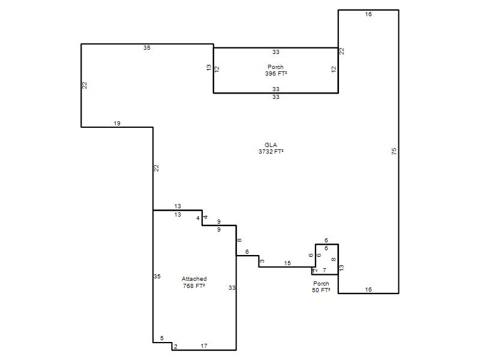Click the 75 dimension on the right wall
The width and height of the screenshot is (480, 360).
pos(394,151)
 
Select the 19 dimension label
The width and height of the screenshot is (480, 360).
pos(117,124)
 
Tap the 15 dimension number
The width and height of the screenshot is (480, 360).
pos(287,263)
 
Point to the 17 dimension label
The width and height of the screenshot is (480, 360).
pos(204,346)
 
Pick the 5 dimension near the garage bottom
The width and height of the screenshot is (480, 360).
pos(162,338)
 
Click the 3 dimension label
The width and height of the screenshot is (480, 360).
pos(262,261)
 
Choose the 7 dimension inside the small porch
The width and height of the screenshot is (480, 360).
pos(325,271)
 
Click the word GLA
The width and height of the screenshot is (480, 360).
pos(271,145)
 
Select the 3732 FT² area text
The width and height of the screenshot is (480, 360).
pos(271,152)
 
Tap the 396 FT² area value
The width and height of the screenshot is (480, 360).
pos(276,73)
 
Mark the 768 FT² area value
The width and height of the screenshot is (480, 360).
pos(194,286)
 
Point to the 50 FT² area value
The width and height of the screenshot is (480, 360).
pos(321,290)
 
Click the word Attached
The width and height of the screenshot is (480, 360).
pos(194,279)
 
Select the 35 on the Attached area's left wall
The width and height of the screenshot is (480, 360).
pos(157,277)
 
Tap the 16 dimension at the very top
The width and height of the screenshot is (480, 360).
pos(368,14)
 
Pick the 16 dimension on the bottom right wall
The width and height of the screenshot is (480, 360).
pos(368,289)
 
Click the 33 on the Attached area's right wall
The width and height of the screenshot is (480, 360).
pos(232,288)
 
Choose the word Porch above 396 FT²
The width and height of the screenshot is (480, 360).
pos(275,67)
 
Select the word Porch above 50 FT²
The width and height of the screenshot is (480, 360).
pos(321,283)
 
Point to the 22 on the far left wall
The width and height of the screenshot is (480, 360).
pos(85,85)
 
